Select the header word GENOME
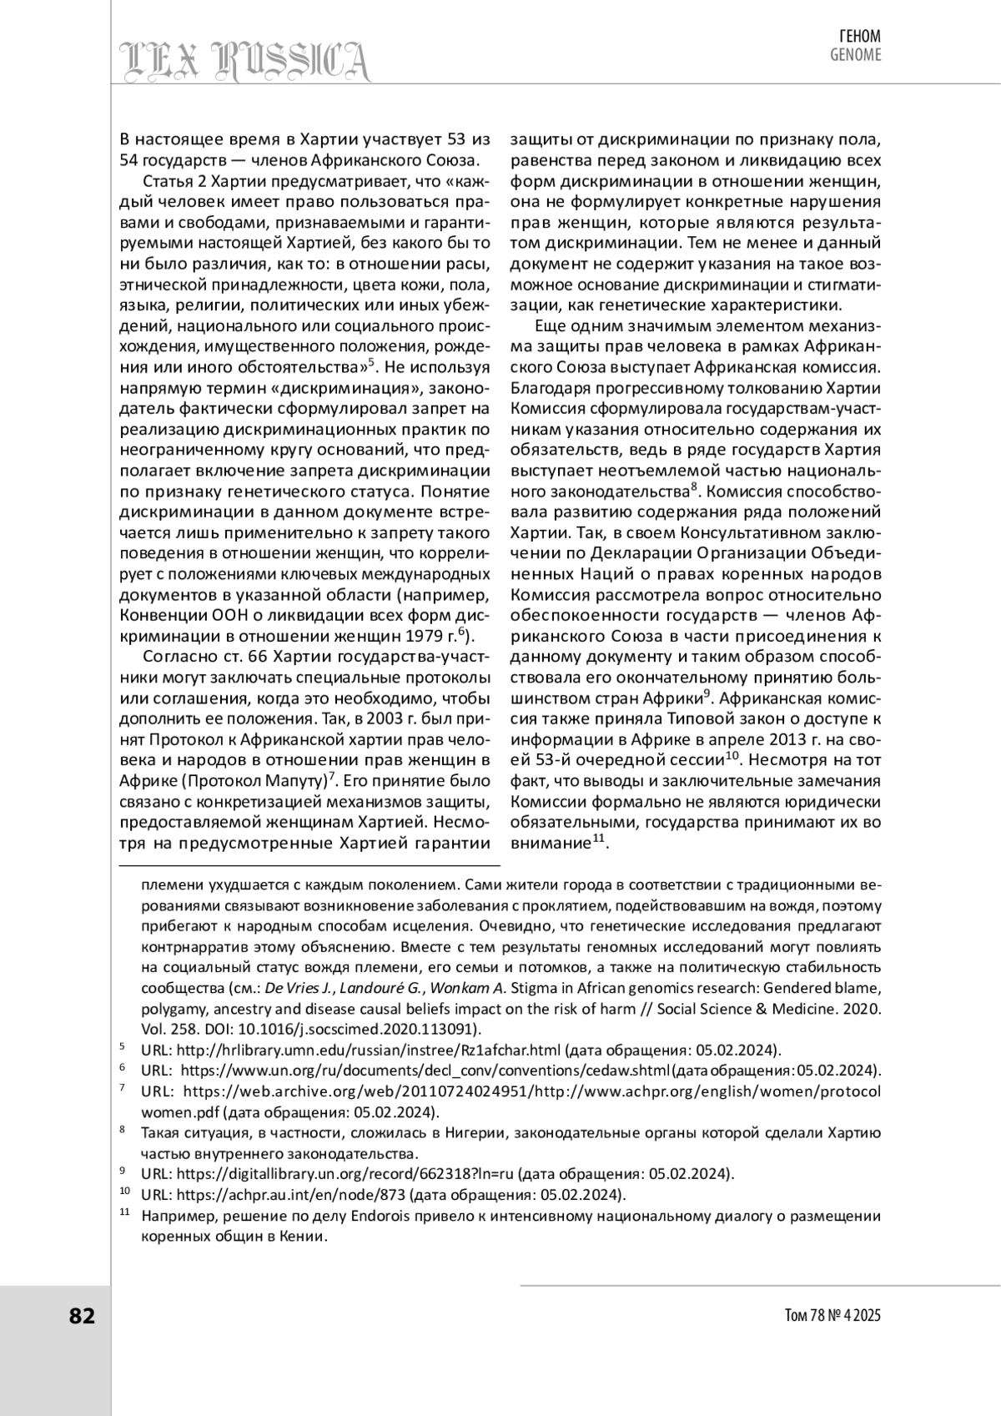(854, 56)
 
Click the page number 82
(82, 1316)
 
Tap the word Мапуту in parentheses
(294, 781)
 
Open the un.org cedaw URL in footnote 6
(425, 1071)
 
